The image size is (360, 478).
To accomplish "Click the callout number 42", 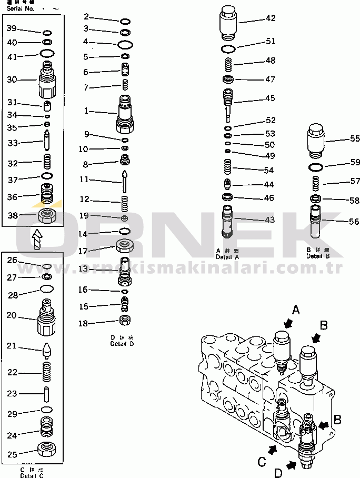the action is [271, 18].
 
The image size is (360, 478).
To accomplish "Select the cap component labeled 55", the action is [315, 141].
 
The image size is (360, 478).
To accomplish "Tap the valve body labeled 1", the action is [125, 114].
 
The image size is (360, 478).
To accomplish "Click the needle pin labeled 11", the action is [125, 181].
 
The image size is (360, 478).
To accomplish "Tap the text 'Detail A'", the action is [227, 256].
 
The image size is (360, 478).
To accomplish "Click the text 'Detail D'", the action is [122, 344].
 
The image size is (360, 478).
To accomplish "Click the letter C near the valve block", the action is [261, 462].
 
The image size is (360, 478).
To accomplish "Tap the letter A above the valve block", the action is [296, 310].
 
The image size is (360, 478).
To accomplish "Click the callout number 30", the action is [12, 79].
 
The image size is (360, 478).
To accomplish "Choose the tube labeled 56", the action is [316, 222].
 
